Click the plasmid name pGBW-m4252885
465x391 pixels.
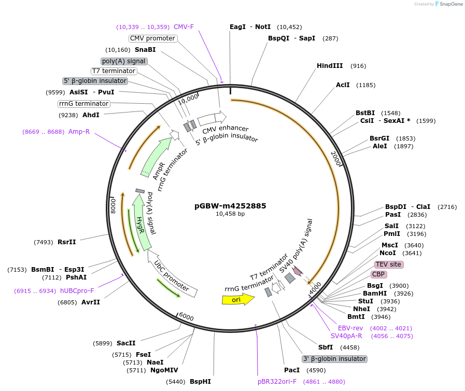(231, 206)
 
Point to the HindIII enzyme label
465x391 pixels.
(330, 66)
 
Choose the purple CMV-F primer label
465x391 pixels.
(184, 26)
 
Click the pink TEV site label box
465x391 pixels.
(388, 264)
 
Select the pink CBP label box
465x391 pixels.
(378, 274)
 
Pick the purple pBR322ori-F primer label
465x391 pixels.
(277, 382)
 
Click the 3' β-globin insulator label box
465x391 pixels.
(334, 359)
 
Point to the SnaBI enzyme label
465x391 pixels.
(145, 50)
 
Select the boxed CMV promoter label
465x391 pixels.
(152, 38)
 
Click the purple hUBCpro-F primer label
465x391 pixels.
(77, 291)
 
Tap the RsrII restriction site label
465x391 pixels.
(67, 242)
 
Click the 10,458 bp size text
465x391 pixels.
(231, 214)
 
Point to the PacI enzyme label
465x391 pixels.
(292, 370)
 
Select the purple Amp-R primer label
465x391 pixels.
(79, 132)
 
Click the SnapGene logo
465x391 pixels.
(448, 4)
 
